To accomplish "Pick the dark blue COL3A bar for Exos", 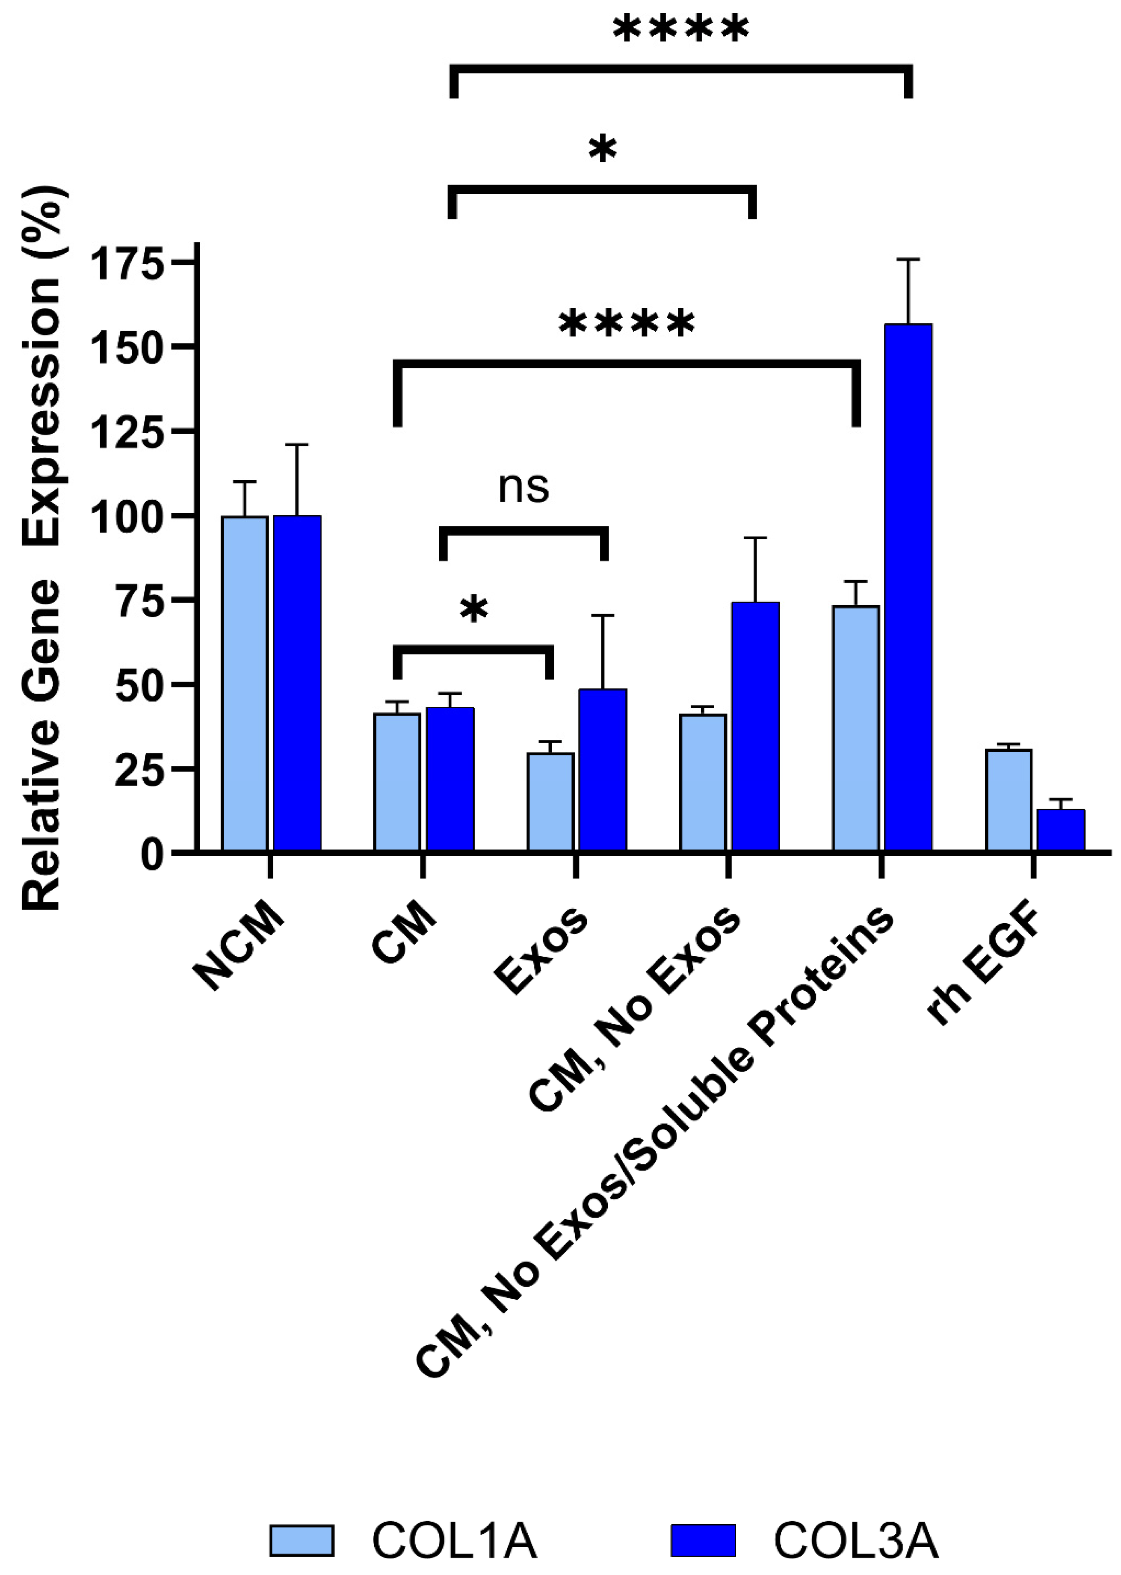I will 603,770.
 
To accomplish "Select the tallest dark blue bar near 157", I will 908,587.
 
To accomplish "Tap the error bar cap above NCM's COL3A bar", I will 298,445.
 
